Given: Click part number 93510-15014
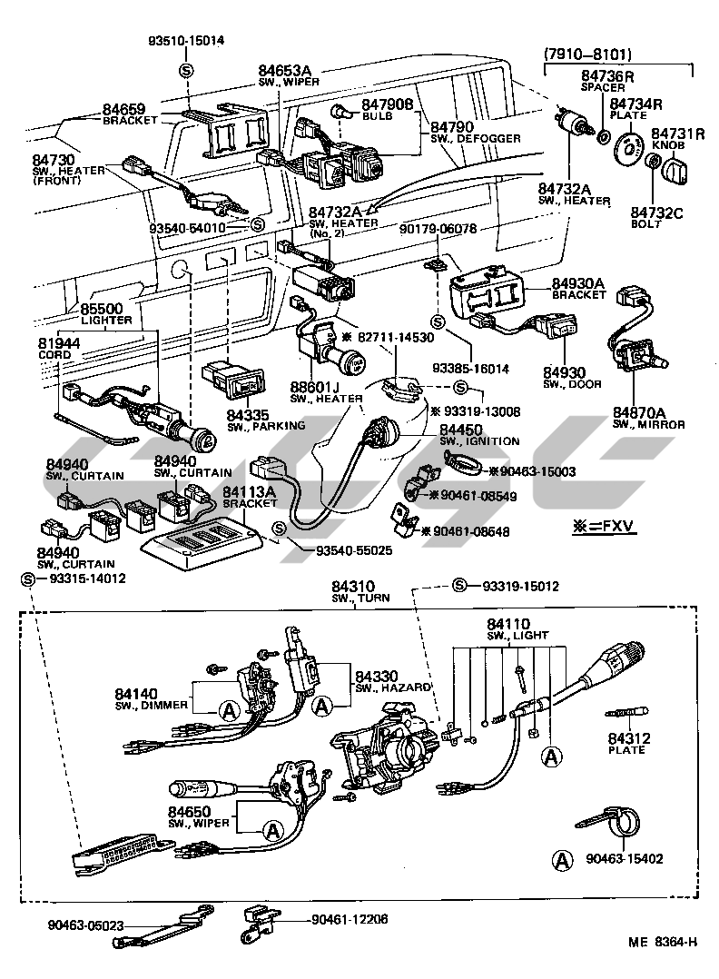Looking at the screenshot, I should pos(187,41).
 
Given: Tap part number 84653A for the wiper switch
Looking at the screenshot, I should pos(283,71).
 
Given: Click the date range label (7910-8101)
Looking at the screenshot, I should pos(588,54).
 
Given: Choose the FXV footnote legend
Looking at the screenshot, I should pos(604,527).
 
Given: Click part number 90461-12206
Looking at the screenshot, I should pos(349,919).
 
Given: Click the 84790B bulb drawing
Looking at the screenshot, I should pos(340,113).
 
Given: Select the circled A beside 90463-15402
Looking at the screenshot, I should pos(563,858).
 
